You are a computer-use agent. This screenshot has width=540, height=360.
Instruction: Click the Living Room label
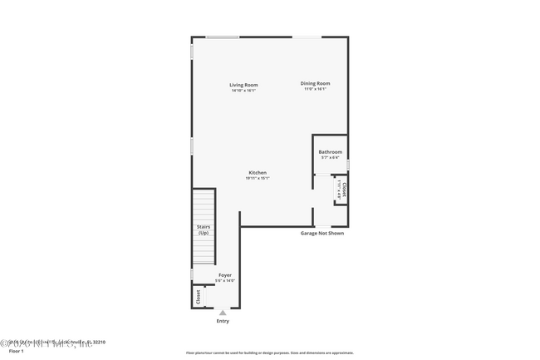[x=244, y=84]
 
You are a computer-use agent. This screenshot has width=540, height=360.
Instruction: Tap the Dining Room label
[x=315, y=83]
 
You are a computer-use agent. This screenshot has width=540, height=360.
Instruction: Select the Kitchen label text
[x=257, y=172]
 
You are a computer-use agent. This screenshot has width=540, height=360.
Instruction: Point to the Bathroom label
[x=330, y=151]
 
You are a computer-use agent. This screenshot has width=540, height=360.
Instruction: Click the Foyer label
[x=225, y=274]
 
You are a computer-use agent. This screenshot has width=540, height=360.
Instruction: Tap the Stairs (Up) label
[x=204, y=229]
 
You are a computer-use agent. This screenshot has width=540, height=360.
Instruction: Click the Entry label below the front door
[x=223, y=321]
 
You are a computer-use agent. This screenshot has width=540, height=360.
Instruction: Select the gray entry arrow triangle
[x=223, y=313]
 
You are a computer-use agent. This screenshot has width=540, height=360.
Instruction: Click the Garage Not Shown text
[x=322, y=233]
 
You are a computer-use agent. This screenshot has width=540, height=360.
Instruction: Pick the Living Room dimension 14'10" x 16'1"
[x=244, y=90]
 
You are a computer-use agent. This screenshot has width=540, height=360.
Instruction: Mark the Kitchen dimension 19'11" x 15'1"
[x=257, y=178]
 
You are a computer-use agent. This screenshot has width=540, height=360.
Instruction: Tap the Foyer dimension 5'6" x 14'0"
[x=225, y=280]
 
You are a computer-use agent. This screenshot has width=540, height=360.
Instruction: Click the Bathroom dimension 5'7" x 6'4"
[x=330, y=157]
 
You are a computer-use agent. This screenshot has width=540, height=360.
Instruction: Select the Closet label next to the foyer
[x=198, y=296]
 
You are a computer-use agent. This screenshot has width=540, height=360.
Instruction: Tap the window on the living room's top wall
[x=223, y=37]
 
